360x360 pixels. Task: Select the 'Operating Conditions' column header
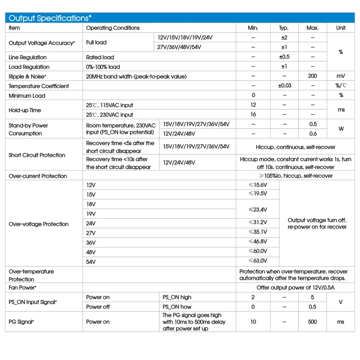click(x=112, y=28)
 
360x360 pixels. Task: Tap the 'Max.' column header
click(x=312, y=28)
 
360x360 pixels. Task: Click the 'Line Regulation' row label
click(x=27, y=57)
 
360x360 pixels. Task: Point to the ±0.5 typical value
click(x=284, y=57)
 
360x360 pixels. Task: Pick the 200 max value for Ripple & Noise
click(x=312, y=76)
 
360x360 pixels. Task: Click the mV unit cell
click(x=341, y=76)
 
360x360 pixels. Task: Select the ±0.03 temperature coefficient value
click(x=284, y=86)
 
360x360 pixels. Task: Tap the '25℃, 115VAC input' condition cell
click(x=109, y=105)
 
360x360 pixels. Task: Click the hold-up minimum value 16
click(x=253, y=115)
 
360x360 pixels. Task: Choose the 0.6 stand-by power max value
click(x=312, y=134)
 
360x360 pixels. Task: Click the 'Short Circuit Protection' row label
click(x=37, y=155)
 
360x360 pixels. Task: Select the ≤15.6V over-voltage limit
click(x=257, y=185)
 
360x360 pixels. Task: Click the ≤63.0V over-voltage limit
click(x=257, y=261)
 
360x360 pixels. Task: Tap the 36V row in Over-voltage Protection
click(x=91, y=242)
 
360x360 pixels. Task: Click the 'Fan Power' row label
click(x=22, y=287)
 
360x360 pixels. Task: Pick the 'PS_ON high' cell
click(x=177, y=297)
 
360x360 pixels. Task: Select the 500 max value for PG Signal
click(x=312, y=322)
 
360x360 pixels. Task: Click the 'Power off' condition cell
click(x=98, y=307)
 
